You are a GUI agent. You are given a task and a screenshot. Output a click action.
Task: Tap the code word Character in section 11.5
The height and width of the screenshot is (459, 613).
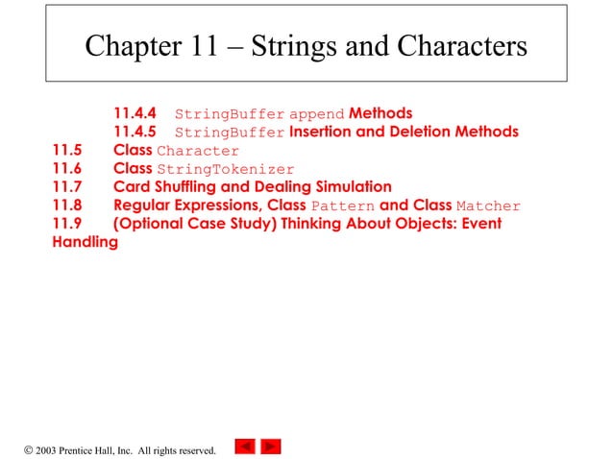[x=197, y=151]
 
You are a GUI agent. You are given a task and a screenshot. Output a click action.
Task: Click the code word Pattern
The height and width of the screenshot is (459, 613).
[x=342, y=205]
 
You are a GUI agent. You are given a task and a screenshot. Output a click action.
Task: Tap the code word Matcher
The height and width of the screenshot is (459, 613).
[x=488, y=205]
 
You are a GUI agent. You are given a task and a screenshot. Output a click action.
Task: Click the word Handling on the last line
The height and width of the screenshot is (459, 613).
[x=85, y=242]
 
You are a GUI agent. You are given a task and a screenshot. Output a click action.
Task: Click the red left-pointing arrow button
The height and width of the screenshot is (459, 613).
[x=245, y=446]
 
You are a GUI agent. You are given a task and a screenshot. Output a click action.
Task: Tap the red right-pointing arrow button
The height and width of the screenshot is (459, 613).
[x=271, y=446]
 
